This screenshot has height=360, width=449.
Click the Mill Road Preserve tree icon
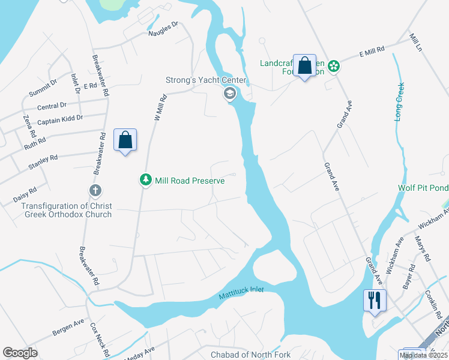tap(145, 180)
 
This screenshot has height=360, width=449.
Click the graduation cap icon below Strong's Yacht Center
tap(229, 94)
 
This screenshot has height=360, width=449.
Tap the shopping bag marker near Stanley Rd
tap(125, 140)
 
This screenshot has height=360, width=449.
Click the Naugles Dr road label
tap(164, 29)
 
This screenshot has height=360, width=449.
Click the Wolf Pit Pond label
tap(423, 188)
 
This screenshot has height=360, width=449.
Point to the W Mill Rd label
tap(158, 109)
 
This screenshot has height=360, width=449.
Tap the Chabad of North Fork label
tap(250, 355)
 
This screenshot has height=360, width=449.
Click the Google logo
tap(20, 353)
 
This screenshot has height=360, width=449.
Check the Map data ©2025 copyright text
tap(423, 356)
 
